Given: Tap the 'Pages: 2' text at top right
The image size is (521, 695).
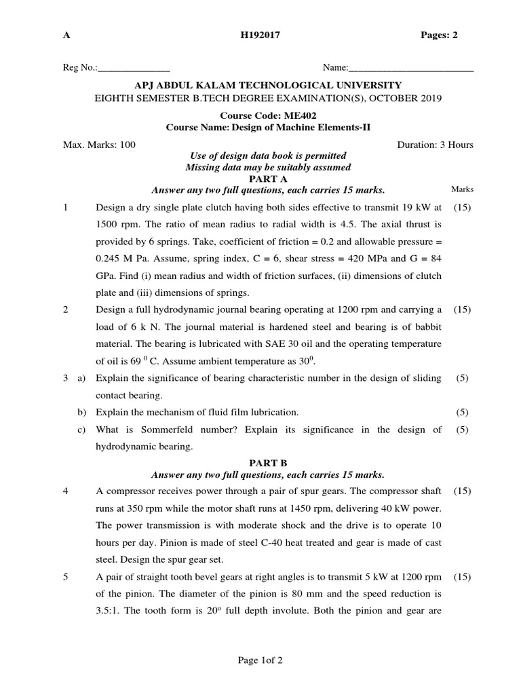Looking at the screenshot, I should click(440, 36).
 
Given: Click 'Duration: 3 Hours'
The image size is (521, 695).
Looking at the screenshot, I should click(435, 145).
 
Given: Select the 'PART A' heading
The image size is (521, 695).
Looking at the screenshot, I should click(268, 179).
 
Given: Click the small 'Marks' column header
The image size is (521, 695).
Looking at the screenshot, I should click(462, 189).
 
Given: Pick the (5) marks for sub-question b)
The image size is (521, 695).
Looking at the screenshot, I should click(462, 412).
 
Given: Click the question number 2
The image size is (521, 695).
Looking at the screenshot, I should click(66, 309).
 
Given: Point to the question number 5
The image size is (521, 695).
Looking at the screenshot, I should click(66, 577).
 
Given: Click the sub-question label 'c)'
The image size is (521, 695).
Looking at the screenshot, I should click(81, 430).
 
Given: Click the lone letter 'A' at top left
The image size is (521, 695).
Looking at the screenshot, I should click(66, 36).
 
